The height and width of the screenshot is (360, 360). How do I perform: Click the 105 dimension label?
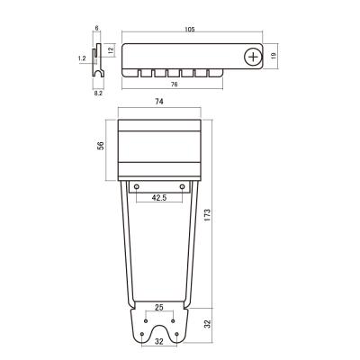pos(190,30)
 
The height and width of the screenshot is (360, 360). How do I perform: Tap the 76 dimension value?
pos(174,85)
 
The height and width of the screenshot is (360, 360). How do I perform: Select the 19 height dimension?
pos(274,56)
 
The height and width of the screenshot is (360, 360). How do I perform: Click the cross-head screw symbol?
pos(253,57)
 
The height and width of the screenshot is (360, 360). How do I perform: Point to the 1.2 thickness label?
pos(82,58)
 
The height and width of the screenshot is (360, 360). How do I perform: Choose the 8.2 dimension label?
pos(98,94)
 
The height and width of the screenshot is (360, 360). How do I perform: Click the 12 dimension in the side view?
pos(112,50)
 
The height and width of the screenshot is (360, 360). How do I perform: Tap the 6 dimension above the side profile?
pos(96,28)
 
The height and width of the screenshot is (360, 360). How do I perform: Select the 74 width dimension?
pos(159,102)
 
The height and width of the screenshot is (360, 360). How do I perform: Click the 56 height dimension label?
pos(101,146)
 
